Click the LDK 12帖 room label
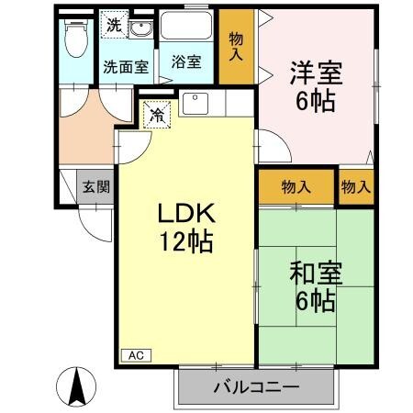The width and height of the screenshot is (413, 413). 186,229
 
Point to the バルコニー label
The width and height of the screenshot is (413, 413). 256,387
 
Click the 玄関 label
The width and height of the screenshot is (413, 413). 95,187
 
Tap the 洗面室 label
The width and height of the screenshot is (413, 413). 125,66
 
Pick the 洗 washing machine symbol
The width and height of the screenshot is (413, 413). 113,25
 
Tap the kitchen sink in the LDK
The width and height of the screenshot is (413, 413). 195,103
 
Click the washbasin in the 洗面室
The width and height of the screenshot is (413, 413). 141,31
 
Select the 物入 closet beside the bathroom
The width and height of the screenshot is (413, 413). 236,46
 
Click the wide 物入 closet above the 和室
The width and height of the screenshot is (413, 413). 296,186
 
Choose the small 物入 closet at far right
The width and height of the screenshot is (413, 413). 356,186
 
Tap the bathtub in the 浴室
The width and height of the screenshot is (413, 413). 187,30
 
